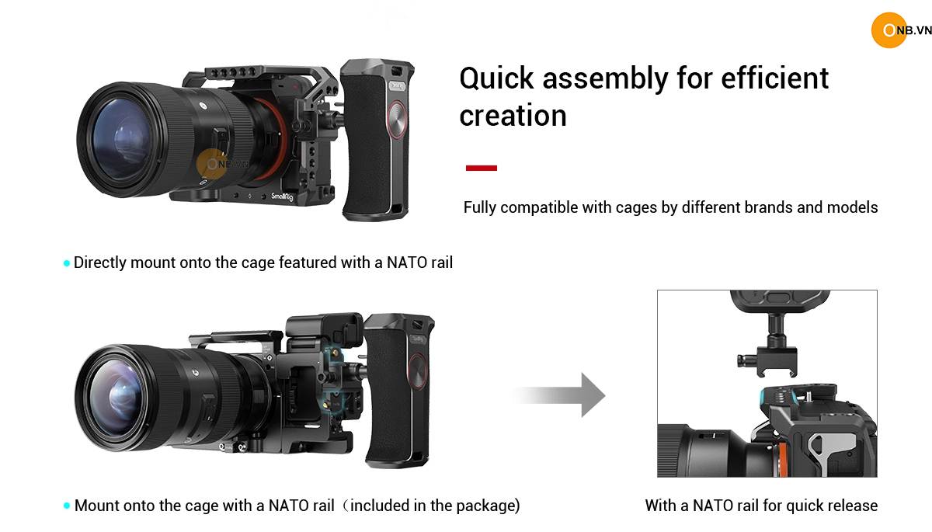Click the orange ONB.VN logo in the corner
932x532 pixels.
point(900,30)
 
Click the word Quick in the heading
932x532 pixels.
point(496,78)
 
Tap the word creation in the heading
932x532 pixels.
point(513,115)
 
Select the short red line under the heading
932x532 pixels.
point(482,168)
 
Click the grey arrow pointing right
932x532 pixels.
point(560,395)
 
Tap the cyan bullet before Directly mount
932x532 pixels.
point(67,263)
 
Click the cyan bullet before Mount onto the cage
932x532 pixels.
point(67,506)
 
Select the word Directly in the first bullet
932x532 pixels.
point(100,263)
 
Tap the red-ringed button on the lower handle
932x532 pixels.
point(418,370)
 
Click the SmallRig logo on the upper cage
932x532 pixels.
point(282,196)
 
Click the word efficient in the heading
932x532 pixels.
point(774,78)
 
